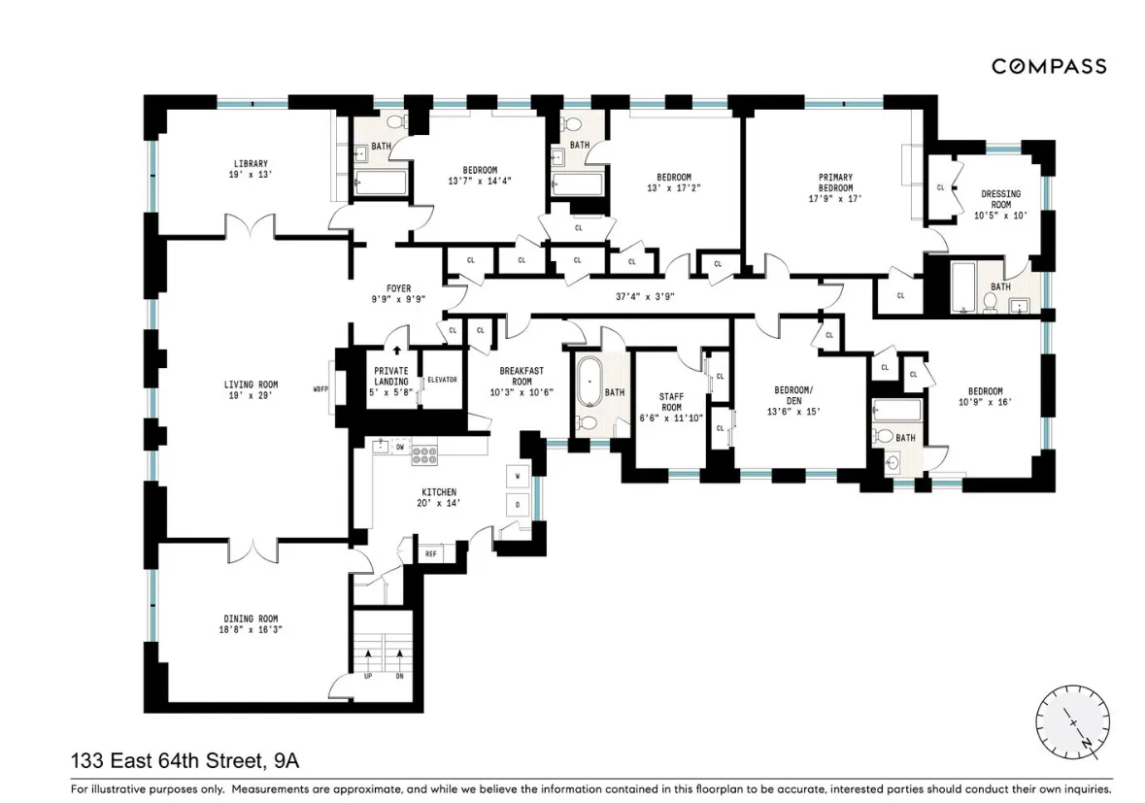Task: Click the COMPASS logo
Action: pos(1048,66)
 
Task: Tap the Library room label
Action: pos(250,163)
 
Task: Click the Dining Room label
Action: pos(251,619)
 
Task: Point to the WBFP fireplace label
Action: pos(320,390)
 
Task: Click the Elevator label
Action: pos(442,379)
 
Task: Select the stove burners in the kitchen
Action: pos(423,453)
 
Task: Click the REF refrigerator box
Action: pos(431,553)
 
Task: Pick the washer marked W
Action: pos(518,477)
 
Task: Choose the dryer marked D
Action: pos(518,505)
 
